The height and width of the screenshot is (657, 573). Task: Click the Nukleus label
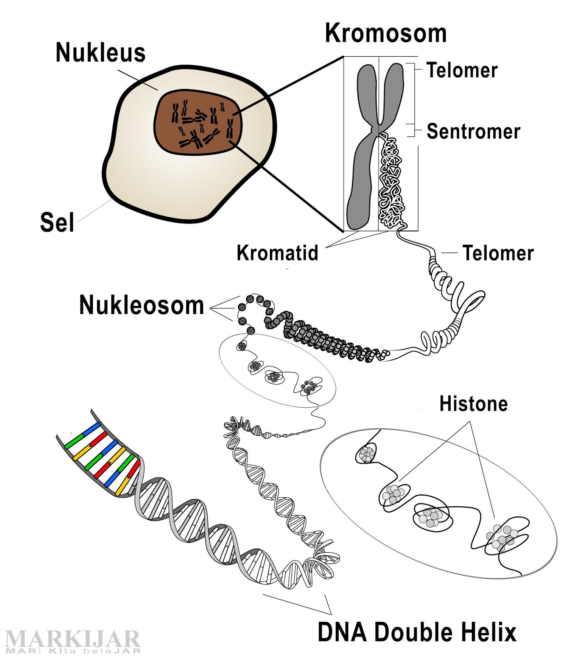101,53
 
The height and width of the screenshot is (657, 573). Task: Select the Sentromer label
473,131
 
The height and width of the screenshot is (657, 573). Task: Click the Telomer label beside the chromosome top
462,70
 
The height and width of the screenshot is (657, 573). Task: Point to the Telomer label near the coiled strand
498,253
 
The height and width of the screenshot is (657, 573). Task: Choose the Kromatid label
277,253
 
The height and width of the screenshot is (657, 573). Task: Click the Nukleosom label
142,305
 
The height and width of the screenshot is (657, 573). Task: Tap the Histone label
473,404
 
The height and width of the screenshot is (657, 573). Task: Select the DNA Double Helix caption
417,632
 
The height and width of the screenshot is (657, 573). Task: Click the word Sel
57,222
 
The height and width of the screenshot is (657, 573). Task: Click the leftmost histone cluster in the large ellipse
366,454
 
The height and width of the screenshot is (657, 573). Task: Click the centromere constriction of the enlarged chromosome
378,131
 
